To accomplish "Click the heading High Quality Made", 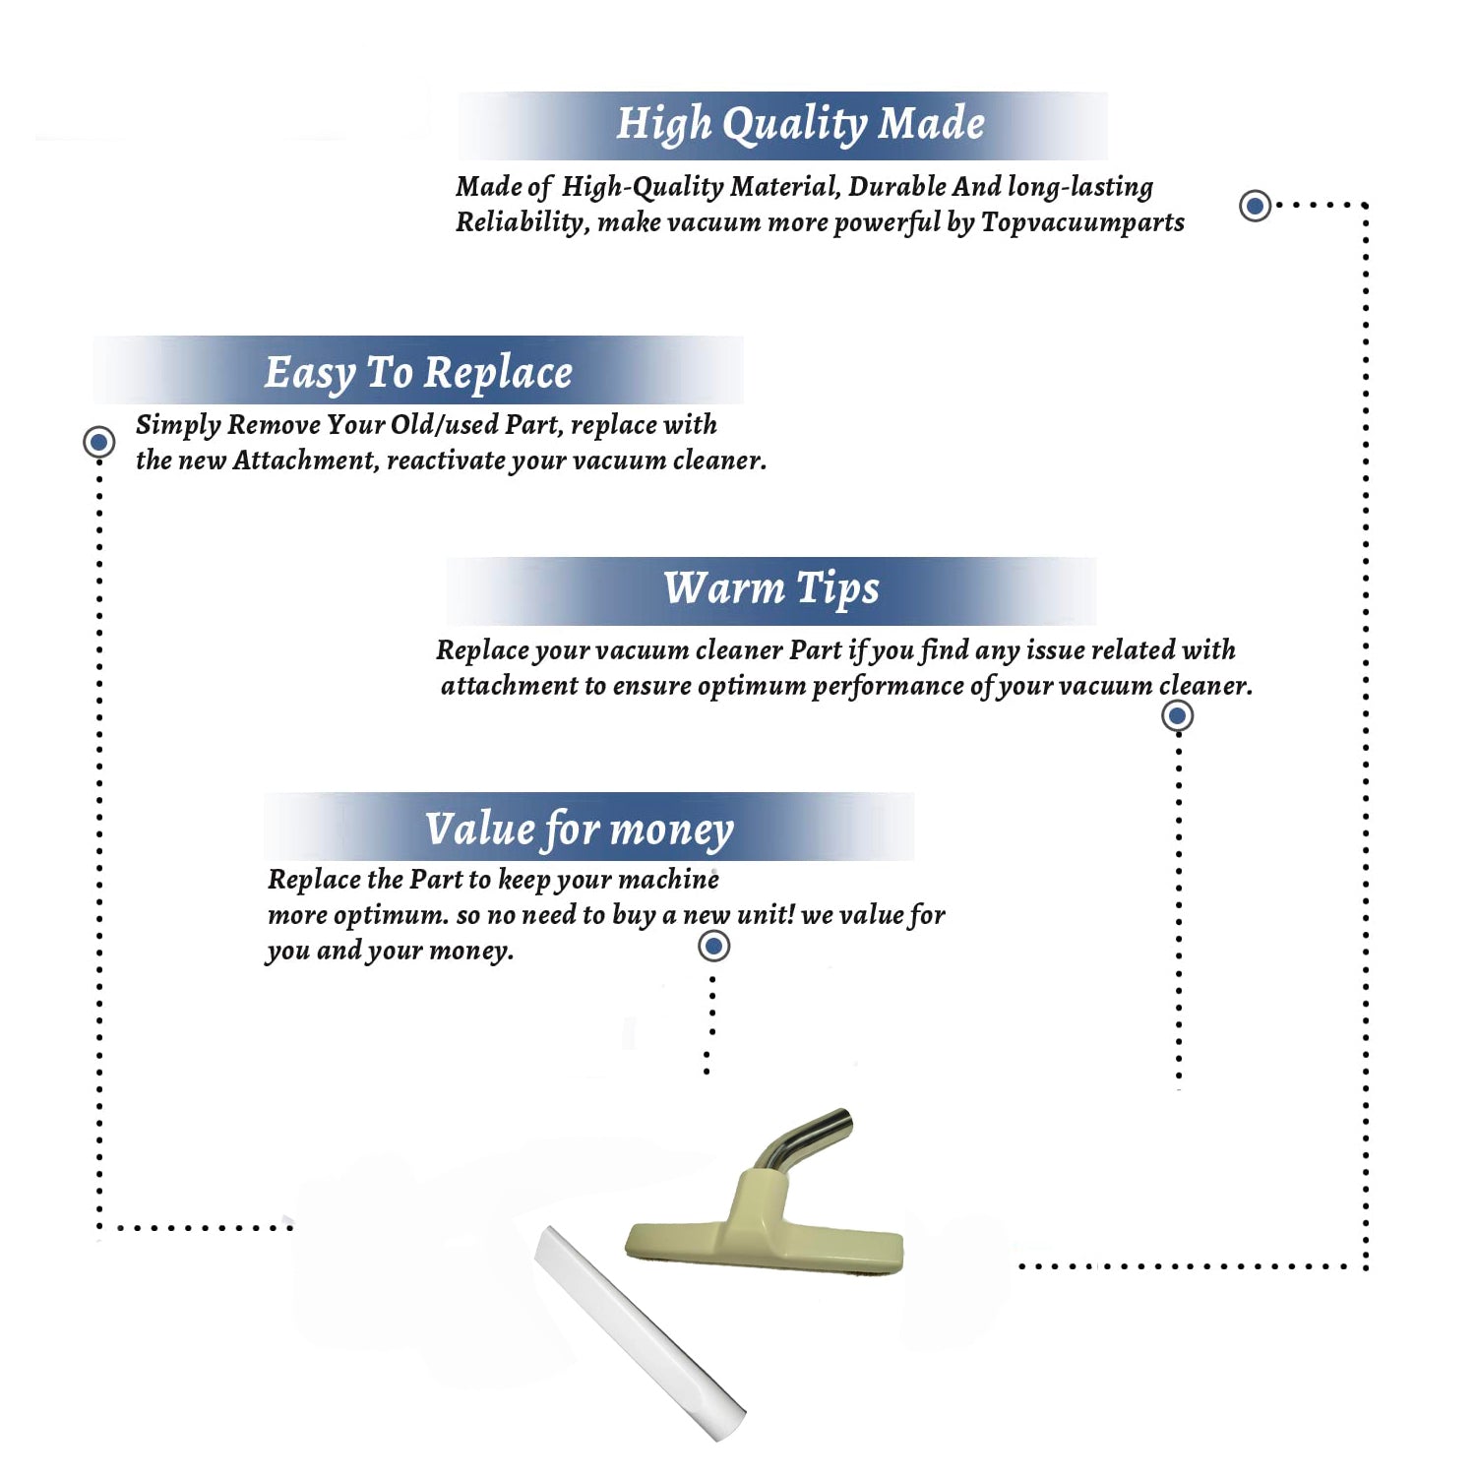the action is [800, 125].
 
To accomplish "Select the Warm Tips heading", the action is [771, 589].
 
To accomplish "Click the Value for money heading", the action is [580, 830].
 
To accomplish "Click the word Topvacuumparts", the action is [1082, 223].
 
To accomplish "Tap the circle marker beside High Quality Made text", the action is [1255, 206].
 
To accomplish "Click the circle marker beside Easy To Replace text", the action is [98, 442].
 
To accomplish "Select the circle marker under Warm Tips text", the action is [1177, 715].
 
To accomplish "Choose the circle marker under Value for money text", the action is [713, 947].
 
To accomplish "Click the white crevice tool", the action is [640, 1333].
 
